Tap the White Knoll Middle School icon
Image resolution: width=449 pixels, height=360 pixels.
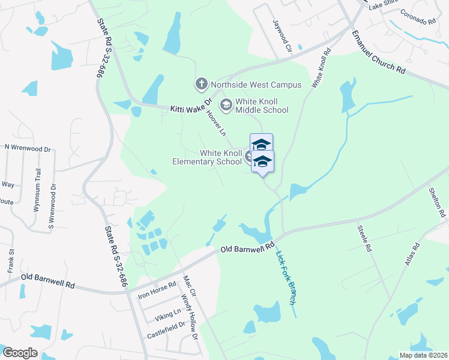226,106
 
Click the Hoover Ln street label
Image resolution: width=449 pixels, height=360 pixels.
215,121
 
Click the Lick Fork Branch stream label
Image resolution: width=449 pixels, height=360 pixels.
286,277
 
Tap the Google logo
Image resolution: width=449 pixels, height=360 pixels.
20,353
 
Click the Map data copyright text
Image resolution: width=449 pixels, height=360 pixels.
424,355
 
